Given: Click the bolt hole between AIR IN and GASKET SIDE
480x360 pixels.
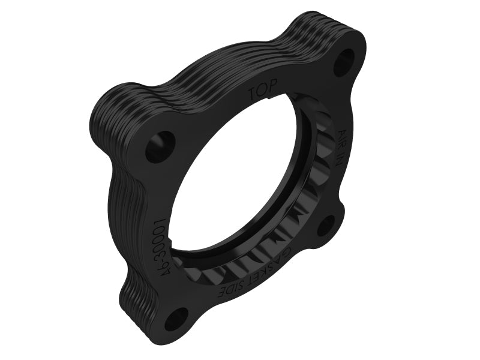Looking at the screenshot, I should [x=327, y=226].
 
